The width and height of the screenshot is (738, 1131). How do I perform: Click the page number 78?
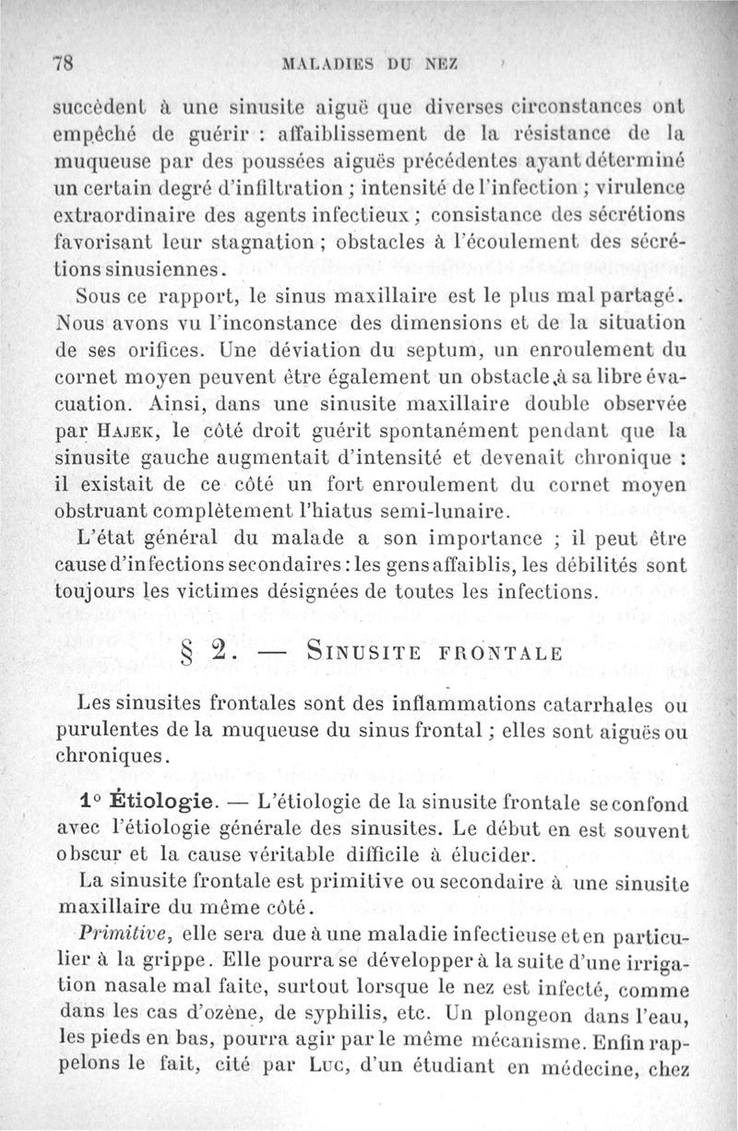click(x=65, y=65)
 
